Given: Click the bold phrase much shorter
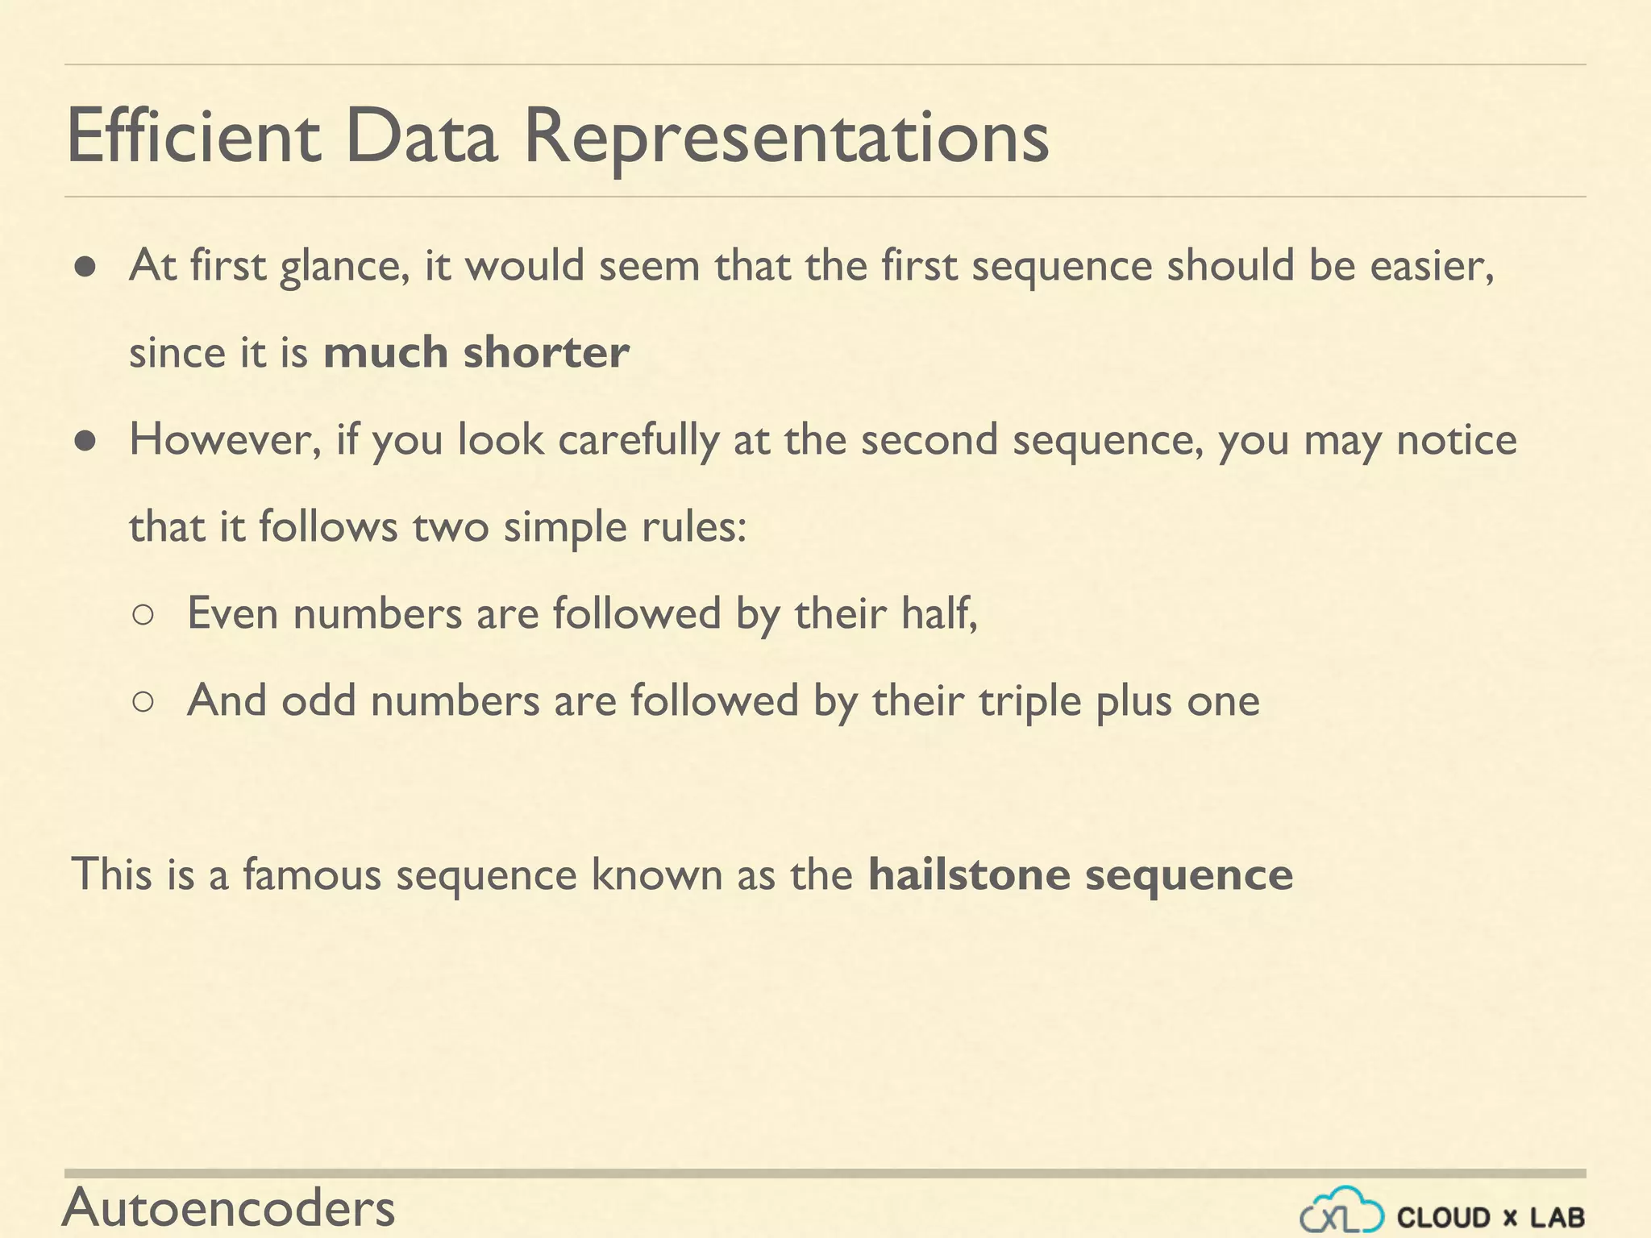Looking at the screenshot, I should tap(476, 353).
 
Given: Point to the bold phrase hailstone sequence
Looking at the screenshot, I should tap(1080, 874).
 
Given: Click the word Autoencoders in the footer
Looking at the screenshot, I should tap(229, 1207).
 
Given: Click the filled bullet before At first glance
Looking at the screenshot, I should tap(85, 267).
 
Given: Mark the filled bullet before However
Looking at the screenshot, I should tap(85, 441).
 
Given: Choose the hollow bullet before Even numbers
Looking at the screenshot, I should tap(143, 615).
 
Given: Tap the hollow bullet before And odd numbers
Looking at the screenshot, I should tap(143, 702).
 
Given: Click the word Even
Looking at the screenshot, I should tap(233, 613).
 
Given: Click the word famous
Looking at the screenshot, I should tap(311, 874).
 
